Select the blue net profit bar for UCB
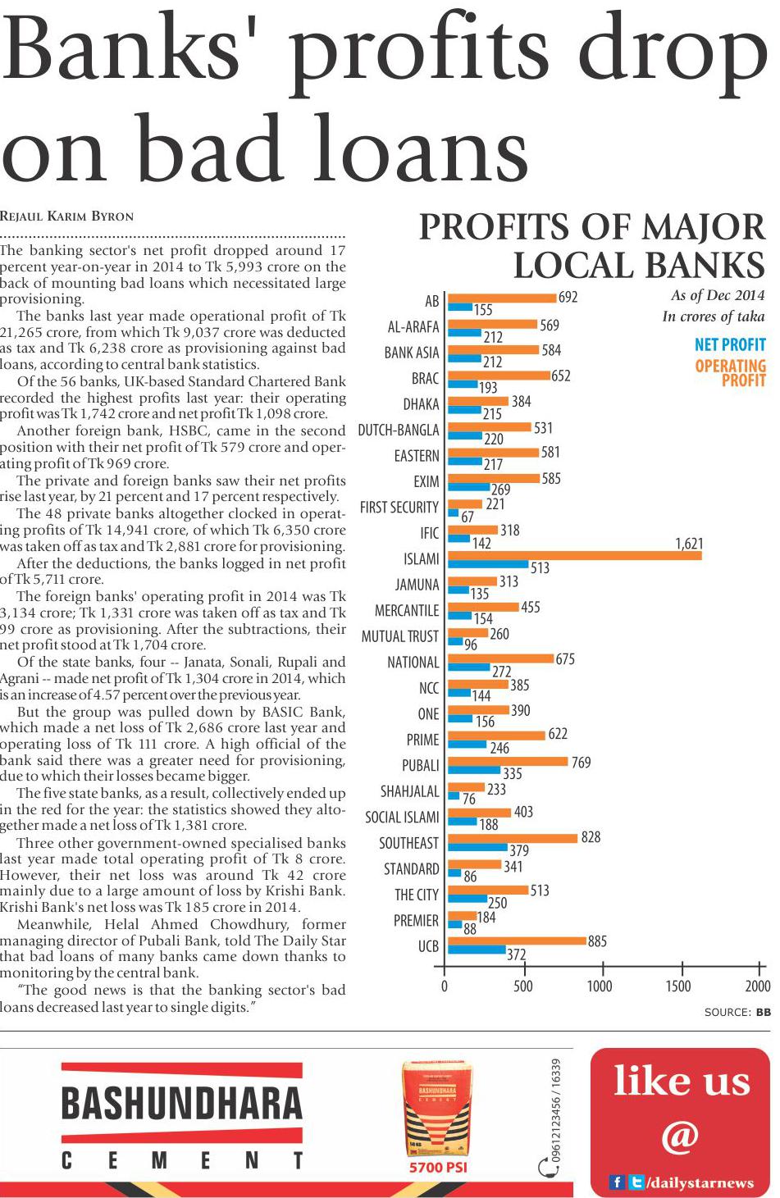click(477, 950)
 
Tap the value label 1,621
click(689, 544)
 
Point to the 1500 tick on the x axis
click(678, 986)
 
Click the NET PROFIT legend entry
click(729, 344)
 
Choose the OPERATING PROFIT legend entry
click(730, 372)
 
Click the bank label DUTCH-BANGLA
click(399, 430)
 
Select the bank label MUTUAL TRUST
click(400, 636)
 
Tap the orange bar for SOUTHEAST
click(513, 838)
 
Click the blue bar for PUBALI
click(474, 770)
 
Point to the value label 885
click(597, 941)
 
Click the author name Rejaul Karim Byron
click(66, 216)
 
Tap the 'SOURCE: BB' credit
click(737, 1012)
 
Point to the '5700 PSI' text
click(438, 1167)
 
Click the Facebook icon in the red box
click(616, 1182)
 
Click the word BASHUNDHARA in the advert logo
click(182, 1104)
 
